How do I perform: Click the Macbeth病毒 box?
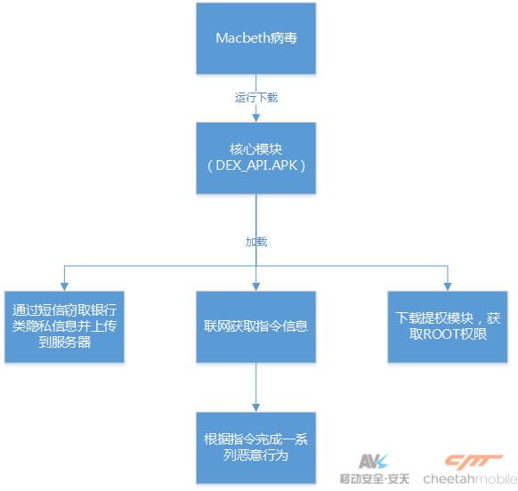256,38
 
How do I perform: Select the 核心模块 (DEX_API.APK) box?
256,157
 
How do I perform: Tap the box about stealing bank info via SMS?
64,326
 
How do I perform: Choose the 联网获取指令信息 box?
256,326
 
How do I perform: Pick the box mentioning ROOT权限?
448,326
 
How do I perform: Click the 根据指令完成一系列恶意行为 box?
256,447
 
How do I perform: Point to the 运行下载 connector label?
256,98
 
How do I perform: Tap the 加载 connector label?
256,242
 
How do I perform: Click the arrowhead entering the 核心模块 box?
256,118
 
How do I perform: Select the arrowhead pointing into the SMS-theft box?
64,287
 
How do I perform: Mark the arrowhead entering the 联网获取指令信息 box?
256,287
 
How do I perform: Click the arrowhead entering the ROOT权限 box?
448,287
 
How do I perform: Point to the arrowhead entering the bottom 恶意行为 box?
256,408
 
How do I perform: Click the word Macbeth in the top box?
243,38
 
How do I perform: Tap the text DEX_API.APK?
256,165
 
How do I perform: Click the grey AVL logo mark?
373,462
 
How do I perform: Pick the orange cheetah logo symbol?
473,462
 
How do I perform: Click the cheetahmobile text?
471,479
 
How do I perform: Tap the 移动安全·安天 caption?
375,479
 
